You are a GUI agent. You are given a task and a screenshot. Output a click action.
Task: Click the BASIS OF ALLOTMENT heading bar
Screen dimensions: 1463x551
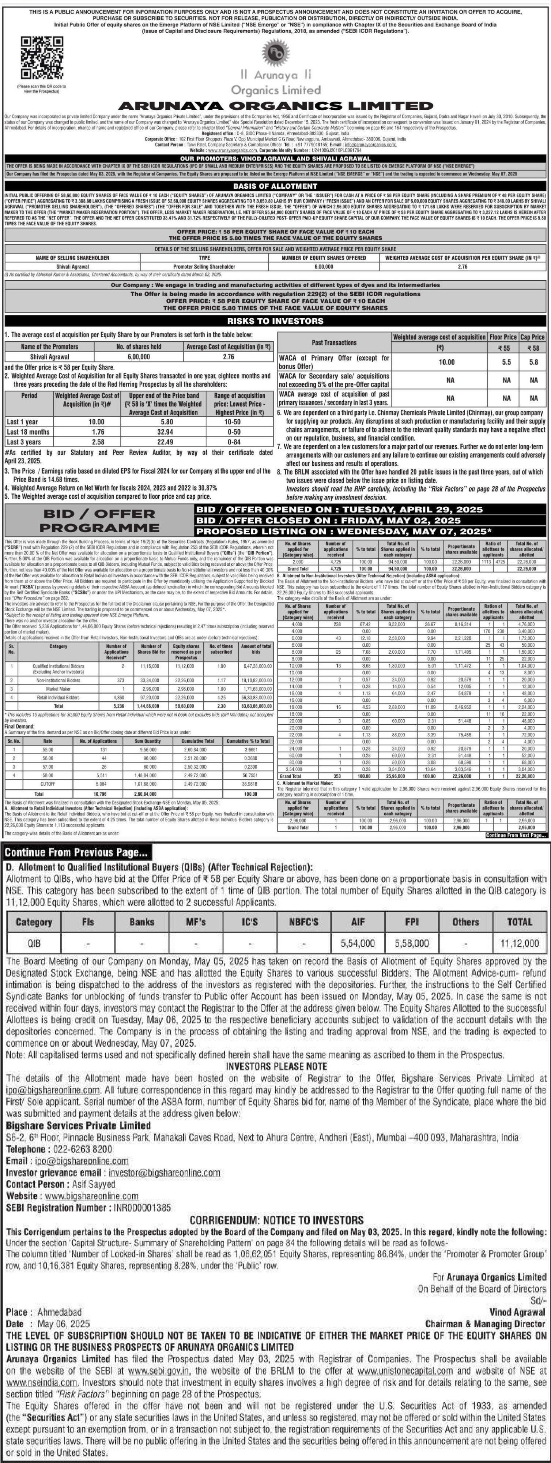point(275,186)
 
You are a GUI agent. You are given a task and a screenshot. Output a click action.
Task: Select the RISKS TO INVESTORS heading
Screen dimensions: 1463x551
point(275,321)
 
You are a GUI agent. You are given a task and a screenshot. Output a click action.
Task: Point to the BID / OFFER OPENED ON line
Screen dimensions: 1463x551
point(339,510)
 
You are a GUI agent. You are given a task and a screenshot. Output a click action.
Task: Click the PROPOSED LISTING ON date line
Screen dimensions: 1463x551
point(343,531)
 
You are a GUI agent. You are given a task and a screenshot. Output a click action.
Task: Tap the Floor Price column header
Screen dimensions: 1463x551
point(503,337)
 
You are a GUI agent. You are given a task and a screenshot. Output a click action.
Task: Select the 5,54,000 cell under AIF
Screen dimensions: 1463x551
point(358,944)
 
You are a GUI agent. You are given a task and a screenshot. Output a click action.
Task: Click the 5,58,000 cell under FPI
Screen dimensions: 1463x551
point(411,944)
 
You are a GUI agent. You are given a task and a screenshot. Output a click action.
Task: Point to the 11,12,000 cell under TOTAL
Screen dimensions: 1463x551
point(519,944)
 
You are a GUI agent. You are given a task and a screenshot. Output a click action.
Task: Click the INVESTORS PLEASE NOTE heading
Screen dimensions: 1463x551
point(276,1066)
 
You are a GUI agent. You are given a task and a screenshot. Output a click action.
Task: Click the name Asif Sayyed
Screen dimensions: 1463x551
point(94,1184)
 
